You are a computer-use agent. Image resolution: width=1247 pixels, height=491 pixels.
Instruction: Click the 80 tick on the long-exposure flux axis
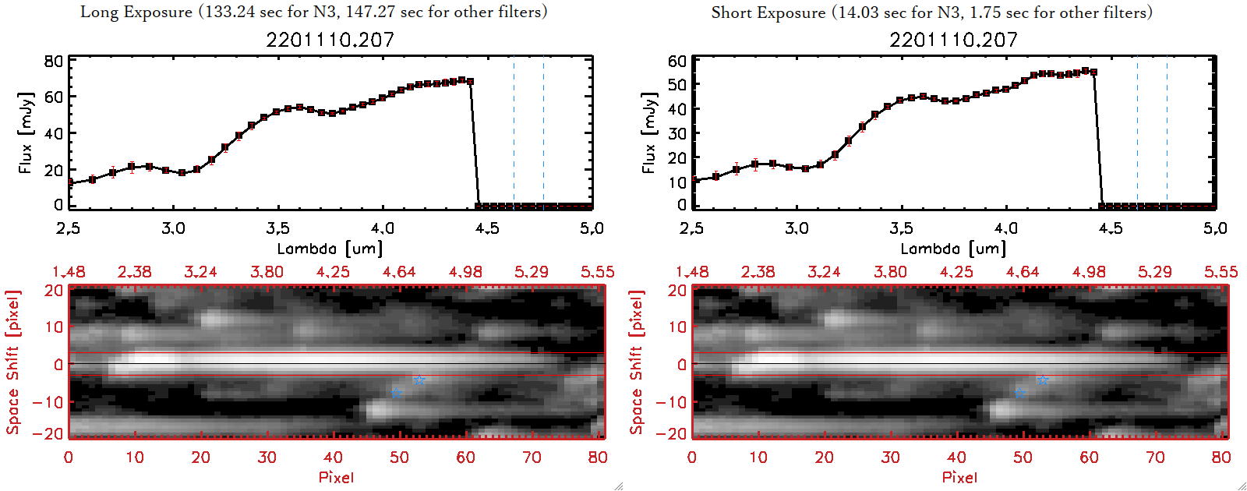[x=54, y=61]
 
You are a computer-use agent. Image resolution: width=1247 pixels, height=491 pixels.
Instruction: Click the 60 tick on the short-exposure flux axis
[x=677, y=61]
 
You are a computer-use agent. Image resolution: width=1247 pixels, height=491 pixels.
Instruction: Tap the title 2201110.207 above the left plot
[x=330, y=40]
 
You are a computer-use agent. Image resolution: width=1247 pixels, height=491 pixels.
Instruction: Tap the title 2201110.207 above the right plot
[x=953, y=40]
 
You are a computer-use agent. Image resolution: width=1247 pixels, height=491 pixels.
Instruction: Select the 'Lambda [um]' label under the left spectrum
[x=330, y=249]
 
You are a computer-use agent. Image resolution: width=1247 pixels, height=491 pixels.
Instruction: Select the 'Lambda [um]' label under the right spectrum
[x=953, y=249]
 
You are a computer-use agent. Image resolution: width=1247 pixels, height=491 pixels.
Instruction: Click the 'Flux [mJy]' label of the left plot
[x=26, y=132]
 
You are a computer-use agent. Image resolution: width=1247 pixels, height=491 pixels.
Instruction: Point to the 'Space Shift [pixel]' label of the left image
[x=12, y=362]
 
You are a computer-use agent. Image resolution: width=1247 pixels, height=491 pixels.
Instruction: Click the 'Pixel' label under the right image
[x=959, y=477]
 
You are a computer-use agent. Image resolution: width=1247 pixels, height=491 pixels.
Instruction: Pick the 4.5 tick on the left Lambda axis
[x=487, y=228]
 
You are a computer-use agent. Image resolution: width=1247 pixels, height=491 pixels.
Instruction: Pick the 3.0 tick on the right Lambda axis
[x=797, y=228]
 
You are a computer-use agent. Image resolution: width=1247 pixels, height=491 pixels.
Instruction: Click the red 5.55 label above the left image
[x=597, y=272]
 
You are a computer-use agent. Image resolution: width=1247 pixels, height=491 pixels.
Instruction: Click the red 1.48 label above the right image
[x=692, y=272]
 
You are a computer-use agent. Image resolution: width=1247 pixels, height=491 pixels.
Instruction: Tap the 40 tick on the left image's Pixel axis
[x=333, y=457]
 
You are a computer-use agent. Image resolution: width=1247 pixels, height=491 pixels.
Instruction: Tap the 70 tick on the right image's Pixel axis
[x=1155, y=457]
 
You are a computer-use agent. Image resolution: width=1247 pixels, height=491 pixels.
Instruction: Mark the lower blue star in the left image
[x=397, y=394]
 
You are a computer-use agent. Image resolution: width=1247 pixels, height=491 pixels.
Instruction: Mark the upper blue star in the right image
[x=1043, y=380]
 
